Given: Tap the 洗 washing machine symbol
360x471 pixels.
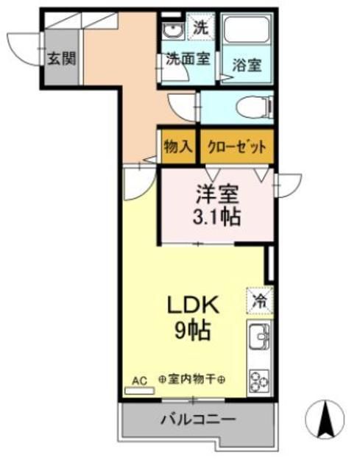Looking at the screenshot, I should (x=200, y=27).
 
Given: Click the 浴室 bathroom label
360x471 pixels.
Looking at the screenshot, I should (x=247, y=64).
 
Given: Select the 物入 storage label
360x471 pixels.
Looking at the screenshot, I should (x=177, y=146).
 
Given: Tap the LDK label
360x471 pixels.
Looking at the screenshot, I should (x=193, y=304).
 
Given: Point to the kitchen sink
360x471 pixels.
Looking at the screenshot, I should (x=259, y=340).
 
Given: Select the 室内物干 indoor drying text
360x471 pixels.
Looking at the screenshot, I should (x=192, y=380).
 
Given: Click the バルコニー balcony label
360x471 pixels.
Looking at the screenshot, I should (x=198, y=420).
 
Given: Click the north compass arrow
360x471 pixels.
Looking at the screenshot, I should (x=324, y=419).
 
